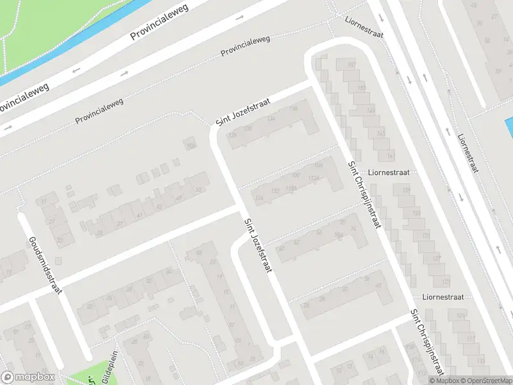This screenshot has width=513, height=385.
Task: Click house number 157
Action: (x=350, y=65)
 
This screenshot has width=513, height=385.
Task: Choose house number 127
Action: (x=437, y=258)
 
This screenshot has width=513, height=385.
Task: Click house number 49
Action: (x=180, y=197)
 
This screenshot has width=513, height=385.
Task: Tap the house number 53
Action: (x=199, y=189)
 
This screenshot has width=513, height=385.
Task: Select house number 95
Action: (x=199, y=253)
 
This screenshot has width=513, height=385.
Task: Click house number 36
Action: (x=366, y=279)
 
